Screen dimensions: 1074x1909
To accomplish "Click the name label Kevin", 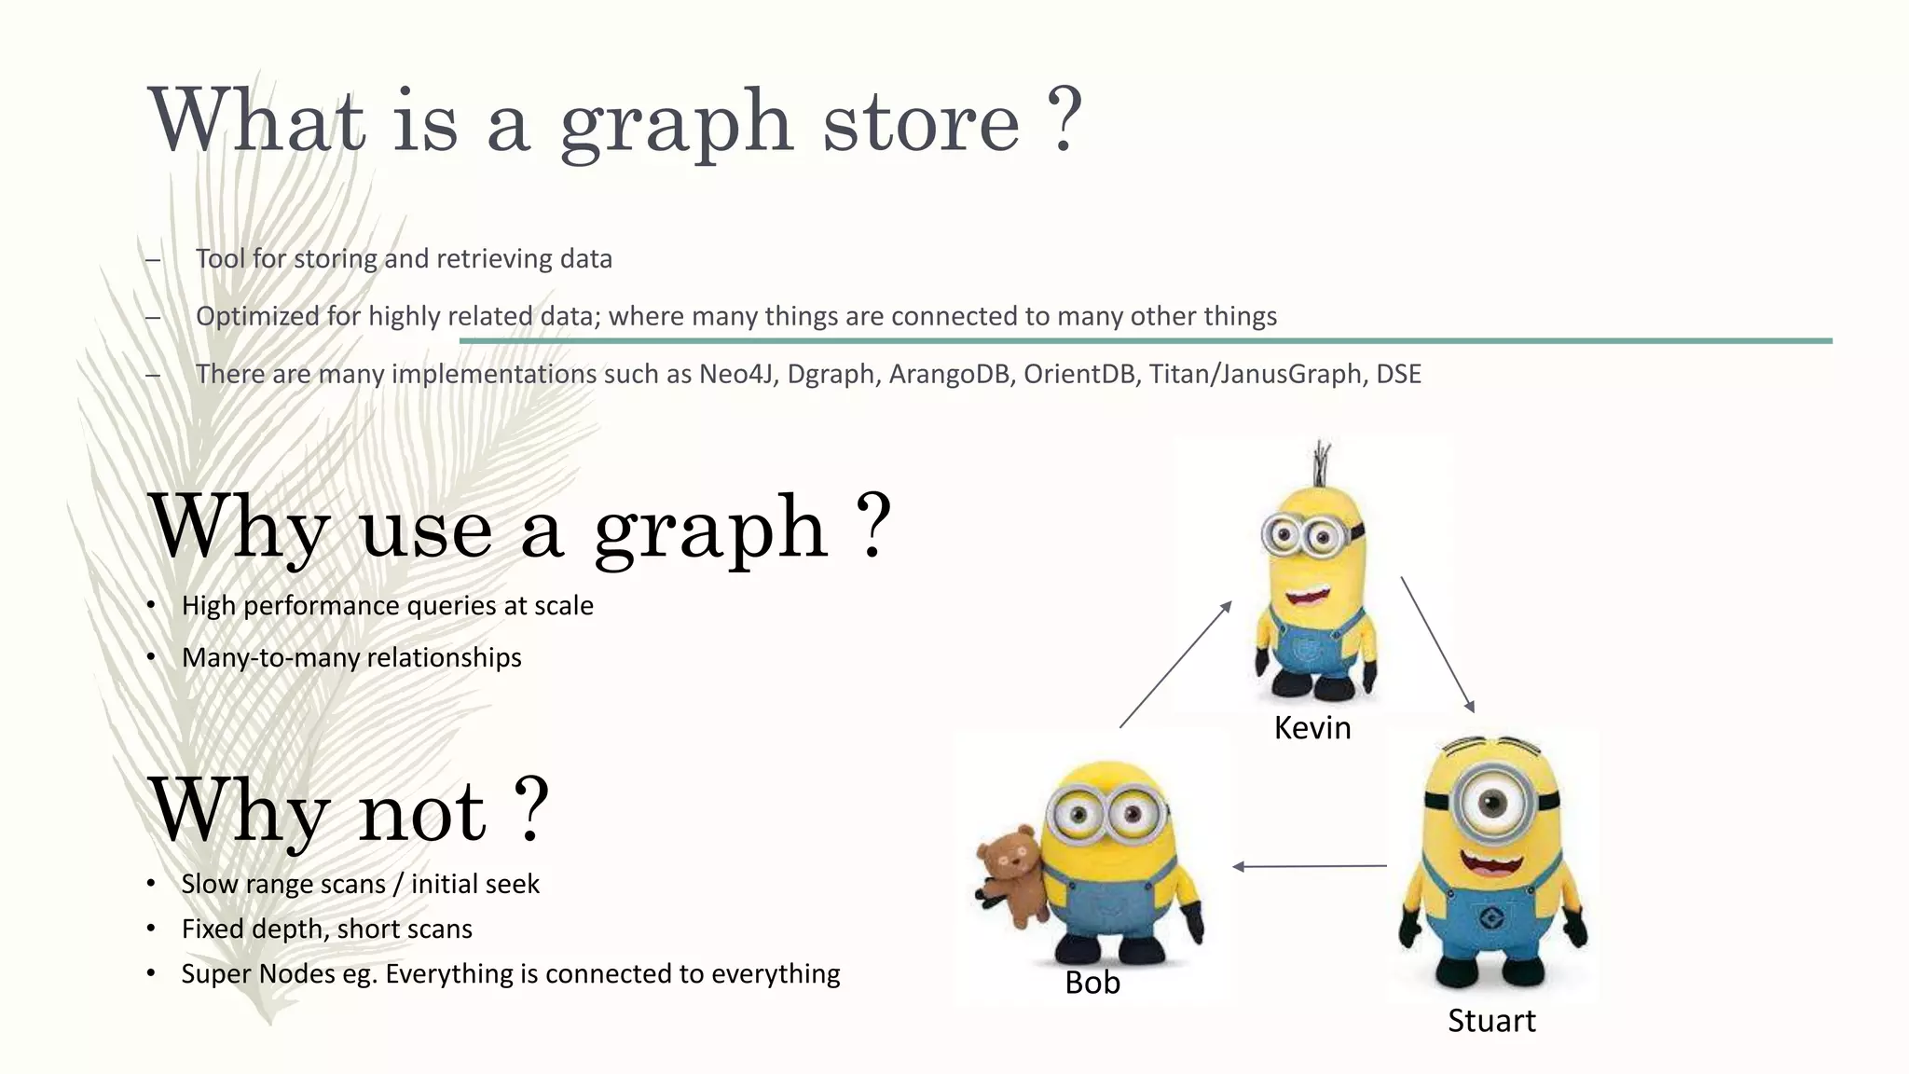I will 1312,728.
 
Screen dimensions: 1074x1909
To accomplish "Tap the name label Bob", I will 1092,983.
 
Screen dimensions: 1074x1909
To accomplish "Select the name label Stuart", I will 1490,1021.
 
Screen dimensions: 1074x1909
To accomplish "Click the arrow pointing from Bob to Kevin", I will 1175,665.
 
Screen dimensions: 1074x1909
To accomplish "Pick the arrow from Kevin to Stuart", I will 1436,644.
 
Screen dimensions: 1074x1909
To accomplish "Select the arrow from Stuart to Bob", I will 1309,866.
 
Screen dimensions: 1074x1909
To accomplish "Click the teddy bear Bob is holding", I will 1010,874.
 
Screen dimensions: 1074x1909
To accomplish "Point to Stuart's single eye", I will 1491,802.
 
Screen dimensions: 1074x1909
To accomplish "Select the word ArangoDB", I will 950,374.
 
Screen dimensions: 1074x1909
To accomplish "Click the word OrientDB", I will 1079,374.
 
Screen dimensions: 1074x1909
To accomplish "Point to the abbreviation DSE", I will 1398,374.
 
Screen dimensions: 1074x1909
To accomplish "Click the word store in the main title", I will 920,123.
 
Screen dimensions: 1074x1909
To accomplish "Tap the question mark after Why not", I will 530,809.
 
